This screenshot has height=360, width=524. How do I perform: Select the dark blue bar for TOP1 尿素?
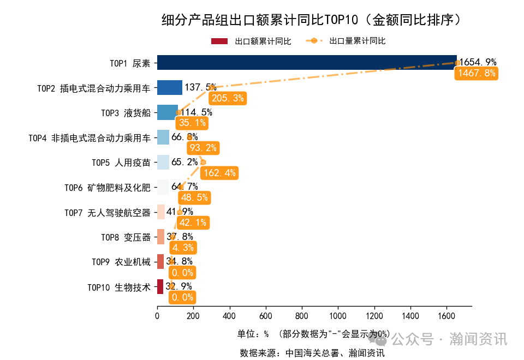point(306,63)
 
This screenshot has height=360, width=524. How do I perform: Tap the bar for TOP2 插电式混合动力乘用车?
point(170,87)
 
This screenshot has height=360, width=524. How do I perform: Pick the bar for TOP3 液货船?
point(168,112)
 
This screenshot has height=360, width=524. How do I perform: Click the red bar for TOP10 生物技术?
point(160,286)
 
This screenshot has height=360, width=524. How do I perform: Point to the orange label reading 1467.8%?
point(477,73)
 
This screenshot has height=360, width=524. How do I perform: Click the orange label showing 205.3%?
point(227,98)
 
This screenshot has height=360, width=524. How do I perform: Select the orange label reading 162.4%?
point(218,173)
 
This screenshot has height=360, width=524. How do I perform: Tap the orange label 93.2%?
point(203,148)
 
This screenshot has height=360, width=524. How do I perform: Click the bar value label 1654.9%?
point(478,62)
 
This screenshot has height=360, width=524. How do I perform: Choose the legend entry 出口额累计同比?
point(251,41)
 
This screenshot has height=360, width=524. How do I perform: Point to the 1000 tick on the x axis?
point(338,316)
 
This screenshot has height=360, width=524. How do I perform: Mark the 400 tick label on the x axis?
point(229,316)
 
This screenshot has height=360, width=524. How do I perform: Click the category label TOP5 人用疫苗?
point(121,163)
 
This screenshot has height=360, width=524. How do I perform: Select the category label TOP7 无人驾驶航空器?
point(107,212)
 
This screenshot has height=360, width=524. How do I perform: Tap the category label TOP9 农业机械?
point(121,262)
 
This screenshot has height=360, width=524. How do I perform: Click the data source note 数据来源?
point(312,353)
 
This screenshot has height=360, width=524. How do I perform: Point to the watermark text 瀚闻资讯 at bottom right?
point(478,339)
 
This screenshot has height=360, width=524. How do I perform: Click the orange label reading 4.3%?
point(183,248)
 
